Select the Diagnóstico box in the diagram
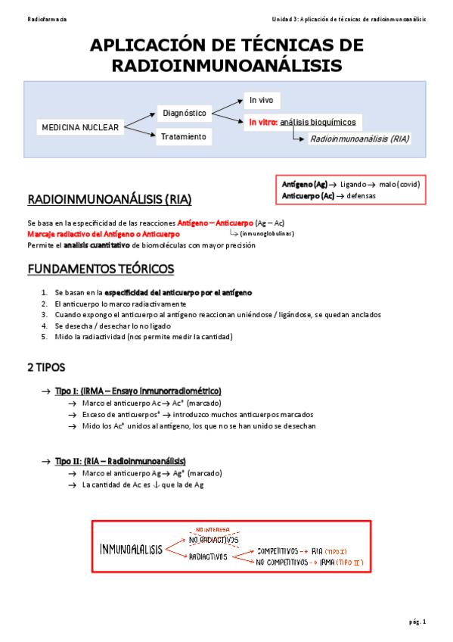coord(184,113)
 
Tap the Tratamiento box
coord(183,137)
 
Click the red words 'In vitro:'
coord(262,122)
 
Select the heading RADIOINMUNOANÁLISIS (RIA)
coord(110,200)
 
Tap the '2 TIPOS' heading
coord(46,367)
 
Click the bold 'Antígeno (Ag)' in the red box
coord(304,184)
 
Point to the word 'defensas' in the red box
coord(361,196)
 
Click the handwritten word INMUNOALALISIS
coord(131,549)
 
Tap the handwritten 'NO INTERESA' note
coord(210,529)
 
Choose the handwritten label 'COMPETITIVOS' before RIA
coord(281,551)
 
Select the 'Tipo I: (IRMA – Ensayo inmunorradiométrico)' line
coord(138,391)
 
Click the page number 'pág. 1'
coord(417,622)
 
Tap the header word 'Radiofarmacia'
coord(46,19)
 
